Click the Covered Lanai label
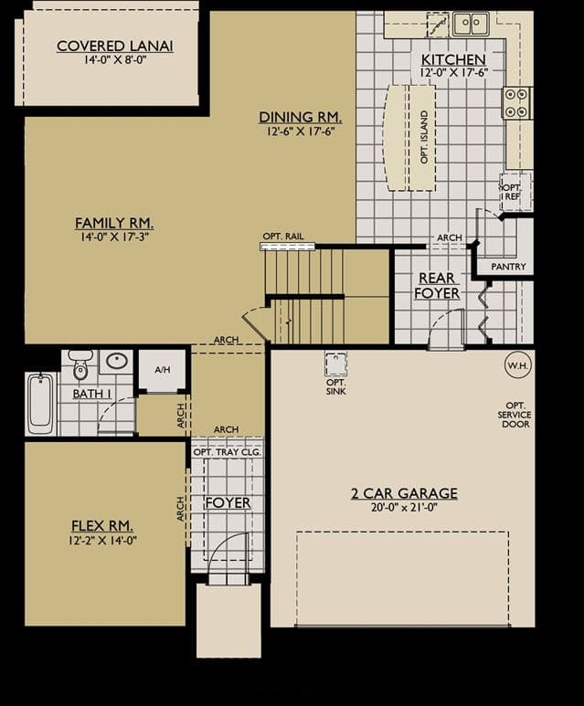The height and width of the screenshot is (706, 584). coord(115,46)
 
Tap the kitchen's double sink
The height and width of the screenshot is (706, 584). coord(471,23)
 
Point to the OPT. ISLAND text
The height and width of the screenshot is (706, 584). coord(424,137)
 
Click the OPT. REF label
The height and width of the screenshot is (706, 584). coord(512,193)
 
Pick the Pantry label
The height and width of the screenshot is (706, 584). coord(508,267)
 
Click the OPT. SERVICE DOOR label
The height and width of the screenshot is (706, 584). coord(515,415)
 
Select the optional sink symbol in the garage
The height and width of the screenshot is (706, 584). coord(335,364)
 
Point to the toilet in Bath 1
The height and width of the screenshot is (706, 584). coord(80,365)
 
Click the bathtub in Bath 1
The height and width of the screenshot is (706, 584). coord(40,404)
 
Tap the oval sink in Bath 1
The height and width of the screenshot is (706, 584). coord(116,361)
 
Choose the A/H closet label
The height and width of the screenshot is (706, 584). coord(163,370)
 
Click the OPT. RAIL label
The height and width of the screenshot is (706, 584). coord(283,237)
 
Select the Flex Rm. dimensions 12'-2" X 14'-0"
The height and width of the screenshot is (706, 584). coord(102,540)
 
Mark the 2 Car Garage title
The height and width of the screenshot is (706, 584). coord(404,493)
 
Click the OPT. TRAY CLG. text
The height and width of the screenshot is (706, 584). coord(227,452)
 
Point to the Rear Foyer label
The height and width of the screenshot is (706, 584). coord(437,286)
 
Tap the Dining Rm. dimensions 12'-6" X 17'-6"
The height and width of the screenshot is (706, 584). coord(300,132)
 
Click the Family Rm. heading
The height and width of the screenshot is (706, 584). coord(114,223)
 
